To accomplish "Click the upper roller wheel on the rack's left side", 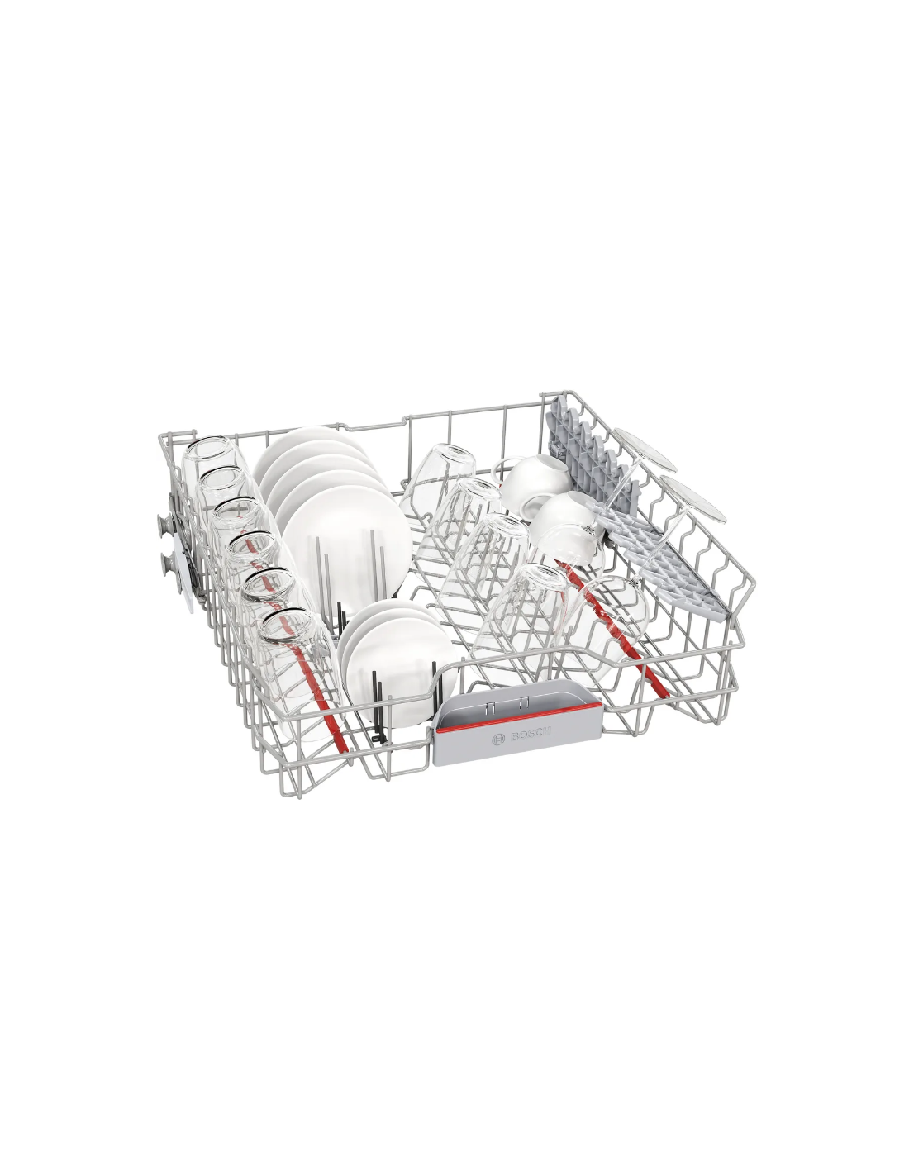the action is pos(164,523).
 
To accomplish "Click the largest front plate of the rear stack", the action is pos(346,546).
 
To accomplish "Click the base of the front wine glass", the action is pos(693,498).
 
